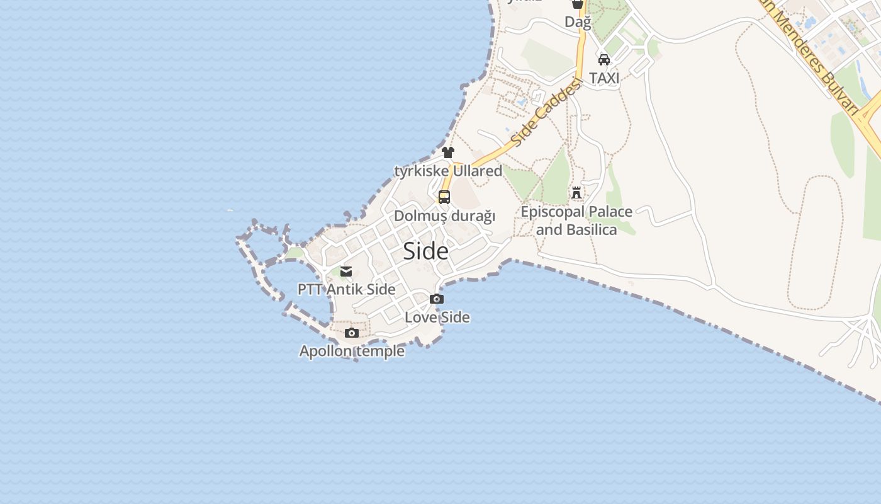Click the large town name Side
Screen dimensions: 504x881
click(426, 251)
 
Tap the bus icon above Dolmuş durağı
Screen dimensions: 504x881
click(444, 197)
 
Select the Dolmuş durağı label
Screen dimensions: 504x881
click(444, 216)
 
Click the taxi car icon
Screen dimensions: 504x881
click(604, 60)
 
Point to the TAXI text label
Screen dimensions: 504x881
click(604, 78)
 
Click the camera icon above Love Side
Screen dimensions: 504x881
click(437, 299)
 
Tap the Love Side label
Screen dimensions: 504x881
click(437, 317)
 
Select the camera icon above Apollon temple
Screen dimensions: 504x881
click(352, 333)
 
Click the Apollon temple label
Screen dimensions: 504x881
click(352, 351)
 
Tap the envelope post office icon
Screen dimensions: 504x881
click(346, 272)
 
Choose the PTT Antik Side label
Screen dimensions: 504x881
click(346, 290)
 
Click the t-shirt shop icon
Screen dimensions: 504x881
click(448, 152)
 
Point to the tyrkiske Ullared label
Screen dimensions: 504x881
click(448, 171)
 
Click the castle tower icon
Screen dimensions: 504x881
click(576, 193)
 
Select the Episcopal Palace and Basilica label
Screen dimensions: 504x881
click(576, 220)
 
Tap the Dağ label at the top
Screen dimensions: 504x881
click(578, 22)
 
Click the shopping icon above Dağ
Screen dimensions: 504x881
click(578, 4)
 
